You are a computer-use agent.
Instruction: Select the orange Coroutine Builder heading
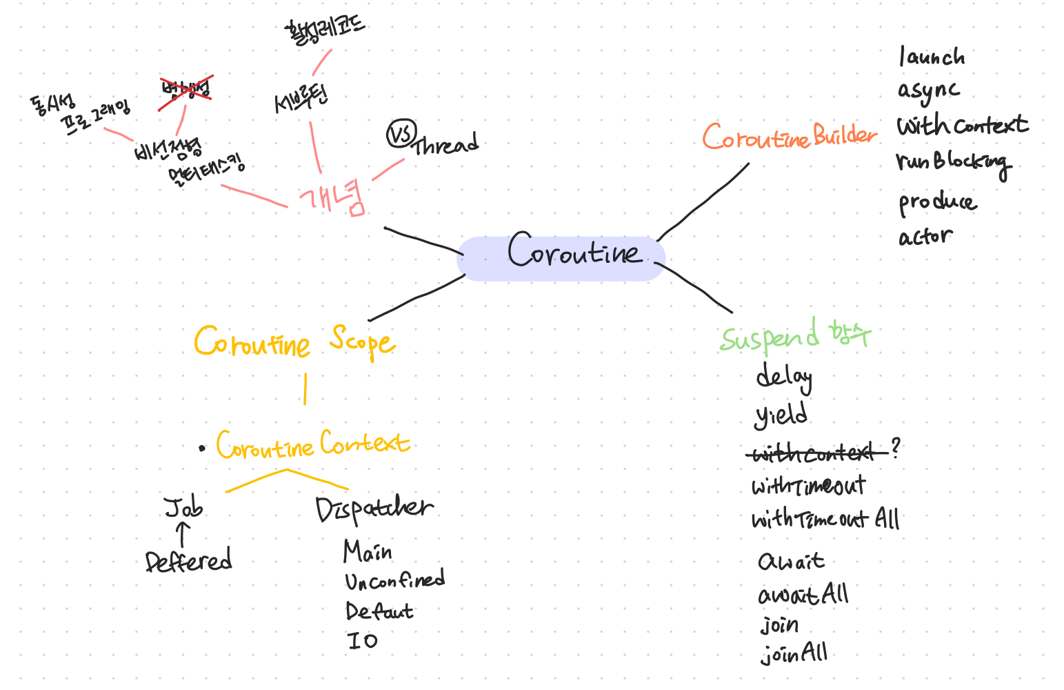pyautogui.click(x=790, y=137)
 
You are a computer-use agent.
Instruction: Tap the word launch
pyautogui.click(x=932, y=57)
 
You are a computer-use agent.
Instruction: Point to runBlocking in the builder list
pyautogui.click(x=953, y=163)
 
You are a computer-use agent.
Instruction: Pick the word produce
pyautogui.click(x=937, y=203)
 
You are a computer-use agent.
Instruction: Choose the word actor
pyautogui.click(x=925, y=237)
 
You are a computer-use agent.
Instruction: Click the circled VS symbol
pyautogui.click(x=401, y=134)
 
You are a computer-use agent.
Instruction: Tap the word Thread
pyautogui.click(x=445, y=145)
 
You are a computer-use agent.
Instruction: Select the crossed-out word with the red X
pyautogui.click(x=185, y=90)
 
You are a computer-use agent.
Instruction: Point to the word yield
pyautogui.click(x=781, y=415)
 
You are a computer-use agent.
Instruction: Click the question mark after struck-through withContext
pyautogui.click(x=895, y=448)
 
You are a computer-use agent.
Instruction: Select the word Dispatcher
pyautogui.click(x=374, y=509)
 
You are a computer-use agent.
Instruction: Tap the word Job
pyautogui.click(x=184, y=508)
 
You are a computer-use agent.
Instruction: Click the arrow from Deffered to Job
pyautogui.click(x=183, y=534)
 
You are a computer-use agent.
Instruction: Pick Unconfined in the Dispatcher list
pyautogui.click(x=395, y=581)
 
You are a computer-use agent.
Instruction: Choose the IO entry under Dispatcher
pyautogui.click(x=363, y=641)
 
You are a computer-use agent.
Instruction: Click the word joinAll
pyautogui.click(x=794, y=653)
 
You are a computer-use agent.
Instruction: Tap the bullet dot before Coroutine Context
pyautogui.click(x=201, y=448)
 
